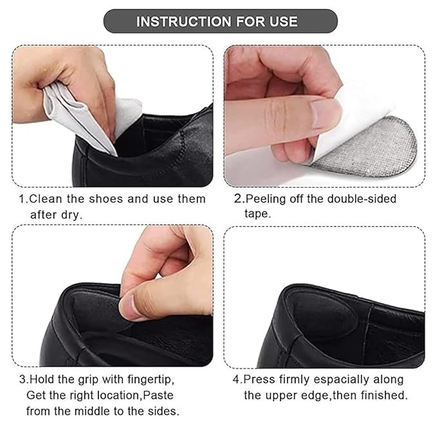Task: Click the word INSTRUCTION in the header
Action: pyautogui.click(x=183, y=21)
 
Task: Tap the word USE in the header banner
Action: pyautogui.click(x=284, y=21)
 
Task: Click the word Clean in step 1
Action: pyautogui.click(x=46, y=199)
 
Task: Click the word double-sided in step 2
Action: pyautogui.click(x=362, y=199)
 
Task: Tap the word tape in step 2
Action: pyautogui.click(x=256, y=214)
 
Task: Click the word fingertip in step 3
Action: pyautogui.click(x=150, y=380)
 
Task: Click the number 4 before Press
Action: pyautogui.click(x=236, y=380)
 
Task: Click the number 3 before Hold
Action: pyautogui.click(x=23, y=380)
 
